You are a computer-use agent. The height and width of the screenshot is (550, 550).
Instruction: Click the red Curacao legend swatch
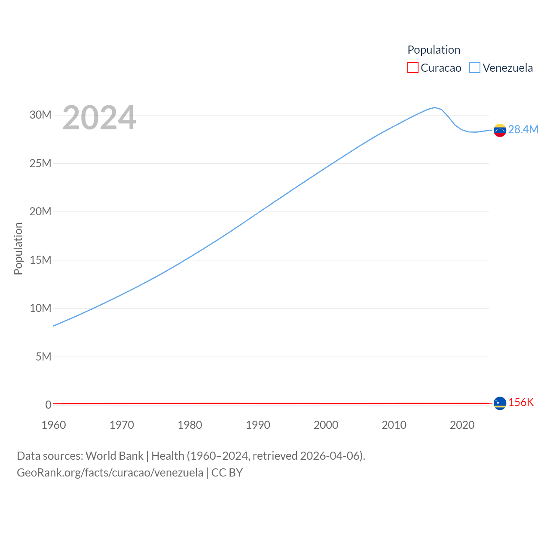[412, 68]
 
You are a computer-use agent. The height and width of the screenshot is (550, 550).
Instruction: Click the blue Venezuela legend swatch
[474, 68]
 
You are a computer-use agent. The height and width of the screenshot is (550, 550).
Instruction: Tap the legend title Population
[434, 50]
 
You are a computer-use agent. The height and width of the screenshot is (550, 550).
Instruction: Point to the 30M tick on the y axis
[40, 115]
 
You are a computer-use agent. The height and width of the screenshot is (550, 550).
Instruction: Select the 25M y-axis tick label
[40, 163]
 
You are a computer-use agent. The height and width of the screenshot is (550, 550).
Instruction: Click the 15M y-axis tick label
[40, 260]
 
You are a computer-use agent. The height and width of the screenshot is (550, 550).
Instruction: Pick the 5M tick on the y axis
[43, 357]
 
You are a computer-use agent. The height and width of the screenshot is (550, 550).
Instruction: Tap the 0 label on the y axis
[48, 405]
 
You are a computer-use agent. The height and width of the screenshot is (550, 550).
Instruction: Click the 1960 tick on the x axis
[54, 425]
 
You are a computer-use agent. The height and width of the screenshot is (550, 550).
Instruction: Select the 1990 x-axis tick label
[258, 425]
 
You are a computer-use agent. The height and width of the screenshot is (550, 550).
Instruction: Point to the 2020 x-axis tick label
[462, 425]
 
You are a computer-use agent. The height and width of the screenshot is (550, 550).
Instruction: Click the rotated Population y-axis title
[18, 248]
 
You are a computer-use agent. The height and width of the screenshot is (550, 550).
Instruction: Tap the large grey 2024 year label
[99, 118]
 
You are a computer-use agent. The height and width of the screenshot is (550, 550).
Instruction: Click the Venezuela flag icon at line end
[500, 130]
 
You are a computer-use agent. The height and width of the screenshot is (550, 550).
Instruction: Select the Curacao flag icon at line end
[500, 403]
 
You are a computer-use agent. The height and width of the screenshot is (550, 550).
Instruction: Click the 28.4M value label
[523, 129]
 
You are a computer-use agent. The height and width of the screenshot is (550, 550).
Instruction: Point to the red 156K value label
[521, 402]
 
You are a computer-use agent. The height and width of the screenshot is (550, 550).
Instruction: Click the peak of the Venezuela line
[434, 107]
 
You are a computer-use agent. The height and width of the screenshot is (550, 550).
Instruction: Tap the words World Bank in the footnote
[114, 455]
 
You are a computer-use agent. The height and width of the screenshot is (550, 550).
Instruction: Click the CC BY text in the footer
[227, 473]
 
